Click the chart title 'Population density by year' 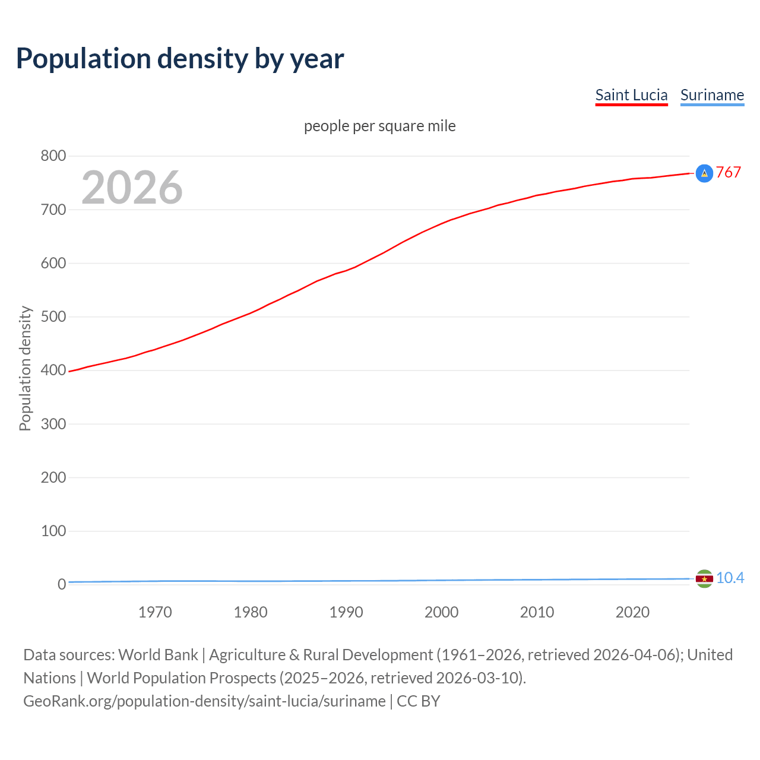point(180,59)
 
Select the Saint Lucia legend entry point(631,96)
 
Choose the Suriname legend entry point(712,96)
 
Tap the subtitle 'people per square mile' point(380,126)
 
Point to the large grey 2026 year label point(132,188)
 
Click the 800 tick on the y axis point(53,156)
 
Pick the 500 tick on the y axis point(53,316)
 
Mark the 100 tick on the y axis point(53,531)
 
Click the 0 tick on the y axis point(62,584)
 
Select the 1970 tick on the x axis point(155,612)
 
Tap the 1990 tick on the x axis point(346,612)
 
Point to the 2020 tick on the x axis point(632,612)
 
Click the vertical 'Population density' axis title point(25,368)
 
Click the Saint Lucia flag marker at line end point(704,173)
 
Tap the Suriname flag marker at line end point(704,578)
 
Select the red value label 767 point(729,173)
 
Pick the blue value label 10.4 point(730,578)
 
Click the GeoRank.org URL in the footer point(204,701)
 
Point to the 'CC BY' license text point(419,701)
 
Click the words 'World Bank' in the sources point(158,655)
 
